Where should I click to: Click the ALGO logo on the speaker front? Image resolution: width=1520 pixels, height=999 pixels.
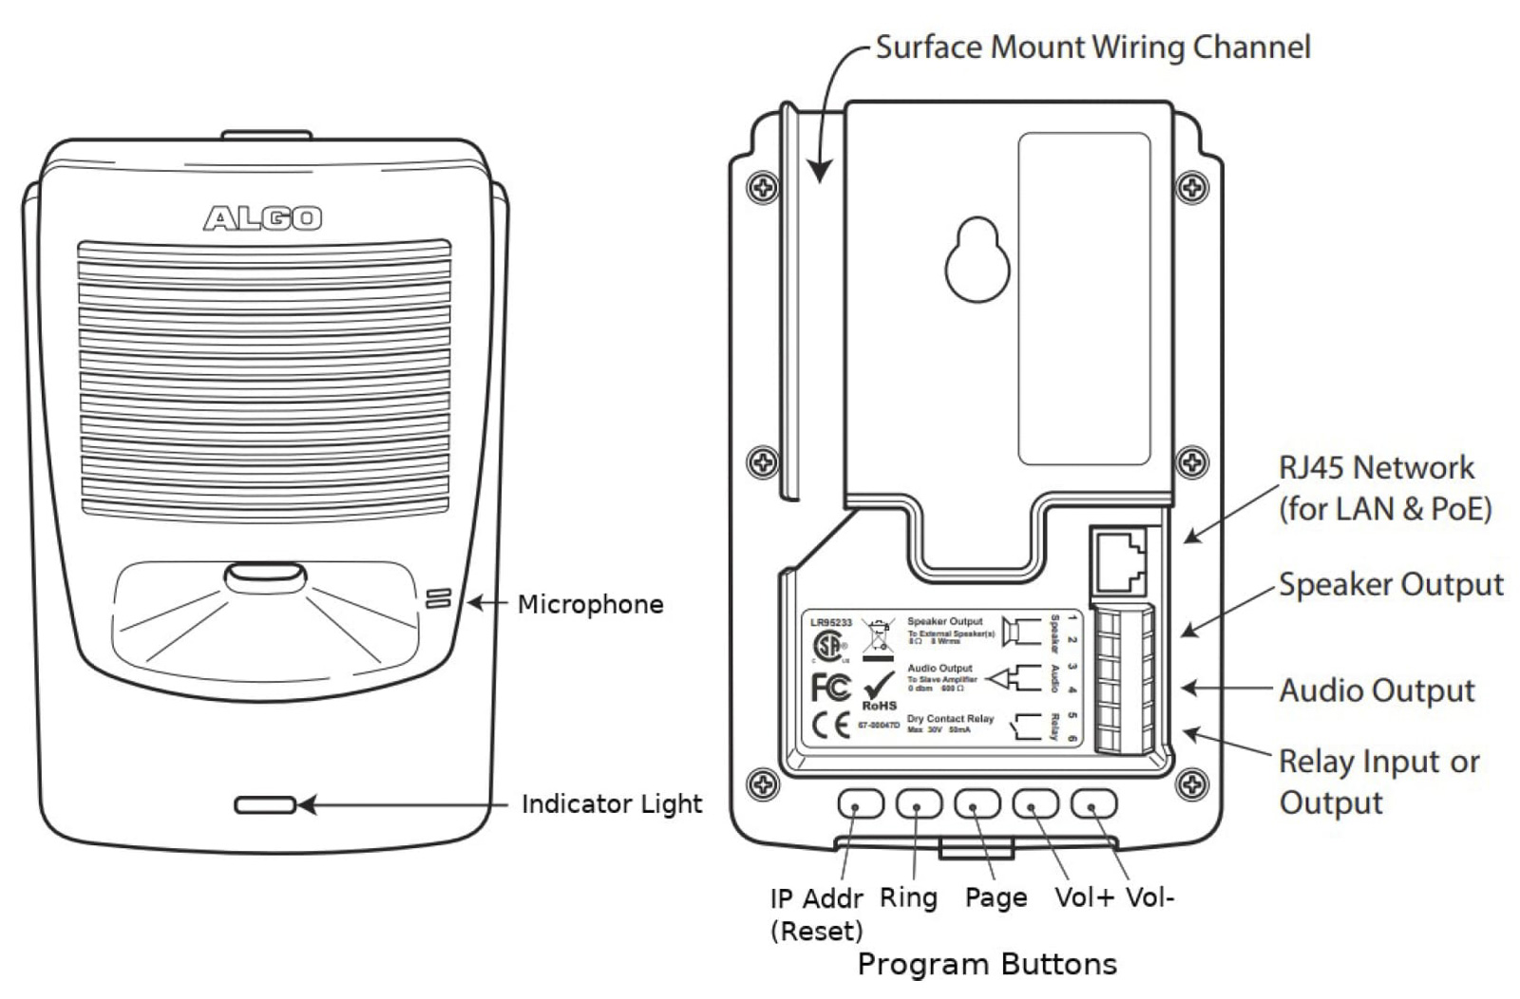pos(263,218)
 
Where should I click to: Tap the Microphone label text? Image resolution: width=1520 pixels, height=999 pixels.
pos(590,604)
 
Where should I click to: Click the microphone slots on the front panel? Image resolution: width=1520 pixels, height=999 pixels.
pos(437,599)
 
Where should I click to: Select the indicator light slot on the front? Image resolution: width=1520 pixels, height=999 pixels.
pos(265,805)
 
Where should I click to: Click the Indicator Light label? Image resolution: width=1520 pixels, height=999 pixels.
pos(612,804)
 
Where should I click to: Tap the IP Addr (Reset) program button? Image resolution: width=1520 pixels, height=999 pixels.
pos(860,804)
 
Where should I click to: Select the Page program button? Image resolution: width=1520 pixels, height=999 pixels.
pos(978,804)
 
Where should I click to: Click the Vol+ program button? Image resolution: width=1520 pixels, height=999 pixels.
pos(1035,804)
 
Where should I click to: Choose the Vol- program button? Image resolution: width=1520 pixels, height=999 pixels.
pos(1093,804)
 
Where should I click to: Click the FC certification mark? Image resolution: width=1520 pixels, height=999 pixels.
pos(830,687)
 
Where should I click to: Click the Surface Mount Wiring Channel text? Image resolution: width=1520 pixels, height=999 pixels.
pos(1092,47)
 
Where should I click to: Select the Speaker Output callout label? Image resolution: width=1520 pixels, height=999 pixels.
pos(1391,585)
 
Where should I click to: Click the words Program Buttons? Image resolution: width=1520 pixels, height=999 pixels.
pos(987,965)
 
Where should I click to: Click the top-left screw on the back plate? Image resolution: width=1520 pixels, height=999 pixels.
pos(763,188)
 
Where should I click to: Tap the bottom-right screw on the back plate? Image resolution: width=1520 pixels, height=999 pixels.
pos(1192,785)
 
